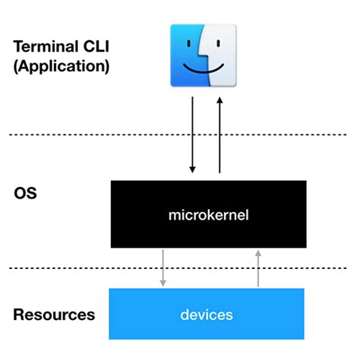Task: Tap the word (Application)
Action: tap(62, 66)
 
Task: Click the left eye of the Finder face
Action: tap(187, 44)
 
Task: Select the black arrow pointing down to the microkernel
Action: tap(192, 133)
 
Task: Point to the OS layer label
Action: tap(25, 193)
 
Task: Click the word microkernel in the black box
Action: tap(207, 216)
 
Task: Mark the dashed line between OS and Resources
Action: tap(76, 267)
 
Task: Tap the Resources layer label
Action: tap(54, 314)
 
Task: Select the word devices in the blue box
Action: tap(207, 314)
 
